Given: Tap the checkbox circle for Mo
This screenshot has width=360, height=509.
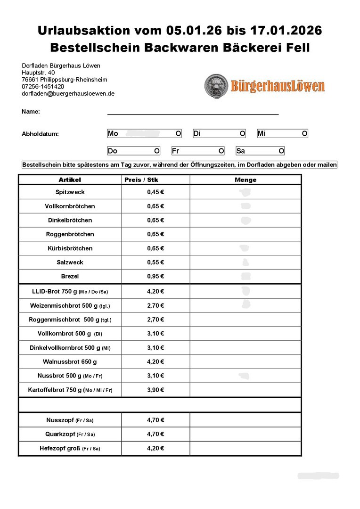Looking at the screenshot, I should (178, 134).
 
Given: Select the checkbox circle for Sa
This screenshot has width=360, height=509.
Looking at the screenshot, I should (281, 151).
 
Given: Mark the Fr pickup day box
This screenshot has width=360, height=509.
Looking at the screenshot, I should (197, 151).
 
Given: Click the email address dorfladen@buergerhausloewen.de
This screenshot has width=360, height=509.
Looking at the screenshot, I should (68, 94).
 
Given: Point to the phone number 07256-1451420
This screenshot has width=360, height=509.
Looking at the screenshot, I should (43, 87).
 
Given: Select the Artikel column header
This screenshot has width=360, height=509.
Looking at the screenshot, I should (70, 180).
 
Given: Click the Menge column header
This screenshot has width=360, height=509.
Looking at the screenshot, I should (245, 180).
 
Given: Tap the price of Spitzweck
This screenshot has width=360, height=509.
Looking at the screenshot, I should (155, 192).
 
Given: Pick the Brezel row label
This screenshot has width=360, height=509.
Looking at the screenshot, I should (70, 277).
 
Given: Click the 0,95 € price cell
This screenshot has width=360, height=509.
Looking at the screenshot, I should (155, 277).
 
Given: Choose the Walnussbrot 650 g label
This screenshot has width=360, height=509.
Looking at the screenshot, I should (70, 362).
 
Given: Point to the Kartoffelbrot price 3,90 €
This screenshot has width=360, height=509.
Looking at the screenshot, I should (155, 390).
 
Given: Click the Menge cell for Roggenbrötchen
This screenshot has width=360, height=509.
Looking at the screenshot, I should (245, 234).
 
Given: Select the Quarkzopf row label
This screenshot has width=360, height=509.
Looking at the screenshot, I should (70, 434).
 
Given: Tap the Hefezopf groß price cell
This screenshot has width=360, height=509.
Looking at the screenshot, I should (155, 448).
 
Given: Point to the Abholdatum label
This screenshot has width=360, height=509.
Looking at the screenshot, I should (40, 134).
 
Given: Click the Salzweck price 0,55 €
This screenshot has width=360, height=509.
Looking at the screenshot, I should (155, 263).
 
